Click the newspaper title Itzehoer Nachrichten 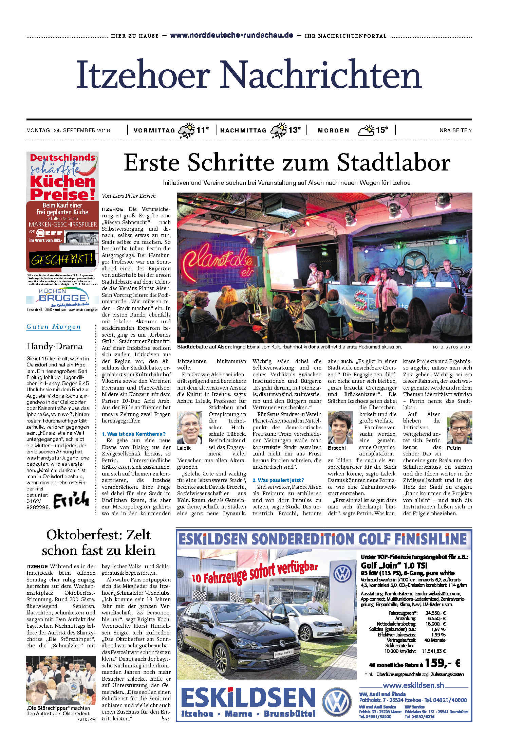pyautogui.click(x=249, y=74)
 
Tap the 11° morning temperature pyautogui.click(x=203, y=130)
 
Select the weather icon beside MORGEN pyautogui.click(x=365, y=130)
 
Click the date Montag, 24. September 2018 pyautogui.click(x=68, y=130)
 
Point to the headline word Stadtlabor pyautogui.click(x=393, y=163)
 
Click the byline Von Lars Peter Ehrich pyautogui.click(x=129, y=196)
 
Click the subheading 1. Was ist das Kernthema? pyautogui.click(x=134, y=434)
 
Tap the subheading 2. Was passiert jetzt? pyautogui.click(x=278, y=480)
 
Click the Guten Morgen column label pyautogui.click(x=54, y=327)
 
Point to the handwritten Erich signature pyautogui.click(x=71, y=500)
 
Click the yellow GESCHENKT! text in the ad pyautogui.click(x=62, y=259)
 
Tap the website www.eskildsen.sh pyautogui.click(x=413, y=685)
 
